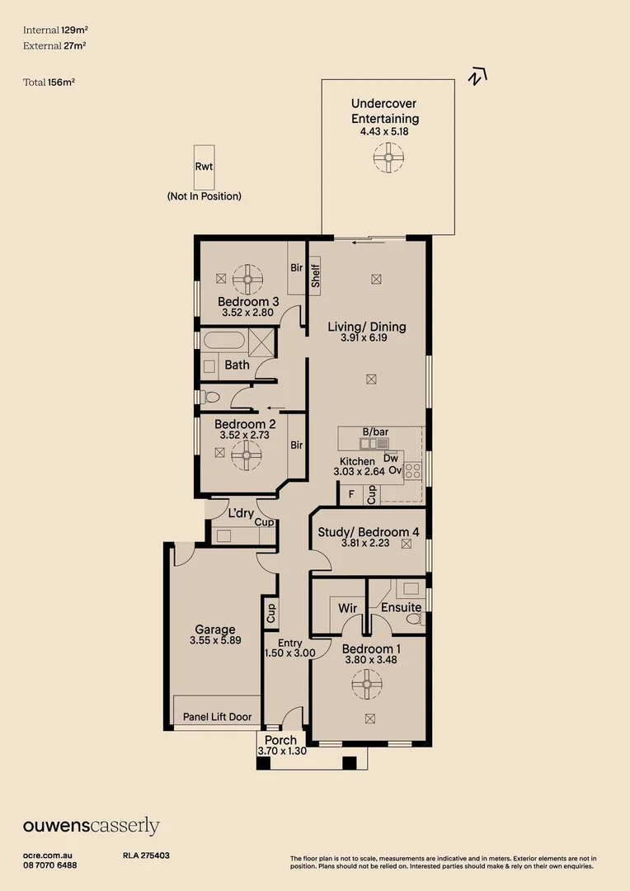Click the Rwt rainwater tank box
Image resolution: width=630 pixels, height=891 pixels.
click(x=204, y=167)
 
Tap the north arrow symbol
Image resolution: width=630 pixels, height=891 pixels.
click(x=477, y=76)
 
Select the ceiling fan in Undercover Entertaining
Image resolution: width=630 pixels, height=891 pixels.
click(x=388, y=158)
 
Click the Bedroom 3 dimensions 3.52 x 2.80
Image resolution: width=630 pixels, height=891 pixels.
click(x=247, y=313)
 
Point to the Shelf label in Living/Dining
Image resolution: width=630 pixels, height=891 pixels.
click(x=316, y=276)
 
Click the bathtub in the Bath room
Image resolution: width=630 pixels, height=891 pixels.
click(x=223, y=341)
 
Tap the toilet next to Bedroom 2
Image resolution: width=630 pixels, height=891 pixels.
click(x=210, y=396)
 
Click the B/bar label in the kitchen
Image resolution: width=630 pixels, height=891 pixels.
click(x=375, y=431)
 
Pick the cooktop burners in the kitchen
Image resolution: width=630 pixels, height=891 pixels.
click(x=413, y=470)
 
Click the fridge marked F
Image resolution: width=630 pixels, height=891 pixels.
click(x=351, y=494)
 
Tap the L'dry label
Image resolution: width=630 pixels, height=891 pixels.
click(x=241, y=513)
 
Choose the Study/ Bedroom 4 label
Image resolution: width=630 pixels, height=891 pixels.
click(x=369, y=532)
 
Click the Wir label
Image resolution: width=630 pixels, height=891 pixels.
click(x=348, y=608)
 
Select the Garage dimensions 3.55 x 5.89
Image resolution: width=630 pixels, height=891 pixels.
click(x=215, y=640)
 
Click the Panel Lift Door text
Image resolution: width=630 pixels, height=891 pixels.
click(x=217, y=717)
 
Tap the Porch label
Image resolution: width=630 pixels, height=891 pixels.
click(x=280, y=740)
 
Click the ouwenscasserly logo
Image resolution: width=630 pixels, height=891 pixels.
click(x=91, y=826)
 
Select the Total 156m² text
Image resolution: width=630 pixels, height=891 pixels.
click(x=49, y=82)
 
